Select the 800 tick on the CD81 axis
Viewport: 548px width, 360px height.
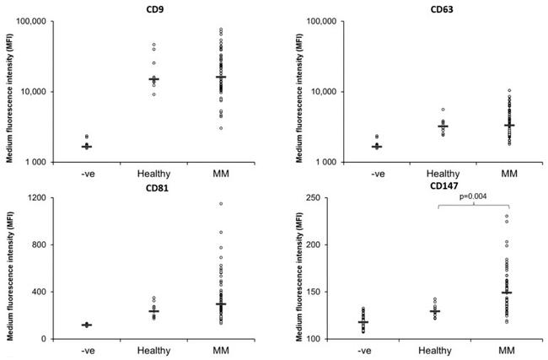(x=38, y=245)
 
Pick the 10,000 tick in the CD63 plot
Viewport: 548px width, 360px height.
(x=309, y=92)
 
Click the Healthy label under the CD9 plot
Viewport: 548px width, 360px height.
(x=153, y=174)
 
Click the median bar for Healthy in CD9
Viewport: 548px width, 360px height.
(x=153, y=79)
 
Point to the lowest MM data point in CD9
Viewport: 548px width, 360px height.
(x=221, y=128)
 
